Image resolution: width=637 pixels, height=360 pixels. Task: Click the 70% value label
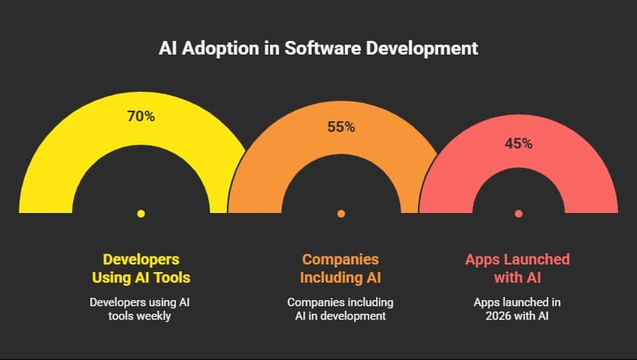[141, 116]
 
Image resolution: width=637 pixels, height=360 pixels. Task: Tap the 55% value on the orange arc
[340, 127]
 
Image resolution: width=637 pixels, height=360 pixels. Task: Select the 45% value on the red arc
[518, 142]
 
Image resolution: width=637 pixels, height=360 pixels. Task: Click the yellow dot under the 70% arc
[141, 214]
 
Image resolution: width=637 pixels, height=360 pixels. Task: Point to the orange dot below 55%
[341, 214]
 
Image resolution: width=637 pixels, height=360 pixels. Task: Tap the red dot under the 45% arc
[519, 214]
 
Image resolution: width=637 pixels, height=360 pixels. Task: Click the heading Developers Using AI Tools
[140, 268]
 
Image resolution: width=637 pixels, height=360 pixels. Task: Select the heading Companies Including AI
[340, 268]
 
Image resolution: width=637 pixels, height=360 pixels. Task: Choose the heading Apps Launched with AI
[517, 268]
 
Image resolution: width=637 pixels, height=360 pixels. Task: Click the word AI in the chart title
[168, 48]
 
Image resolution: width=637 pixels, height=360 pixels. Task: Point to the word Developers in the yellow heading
[140, 259]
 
